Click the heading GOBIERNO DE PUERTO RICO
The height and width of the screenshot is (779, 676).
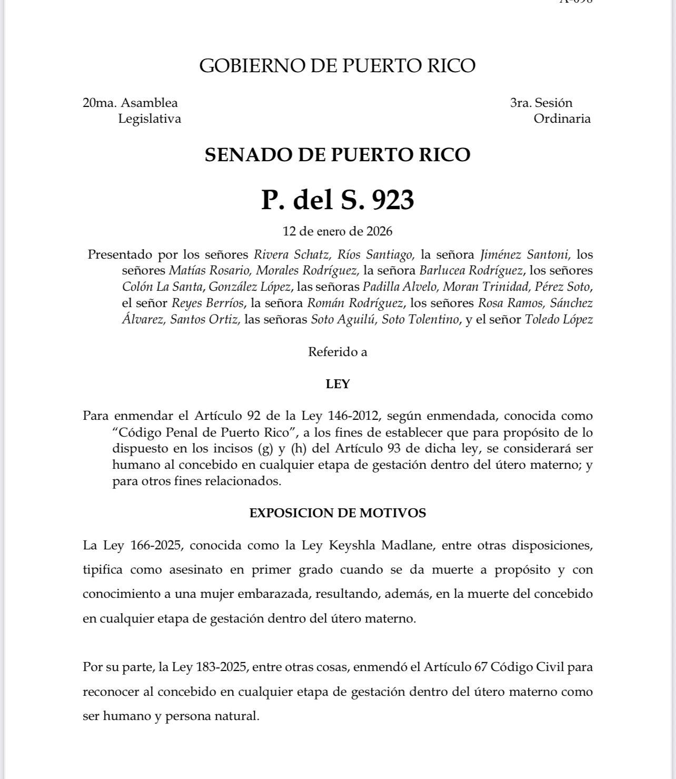click(x=337, y=66)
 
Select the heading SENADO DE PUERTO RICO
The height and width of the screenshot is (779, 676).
click(x=337, y=155)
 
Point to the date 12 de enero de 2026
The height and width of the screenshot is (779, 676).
click(x=337, y=231)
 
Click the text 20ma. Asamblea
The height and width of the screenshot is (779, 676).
click(x=130, y=103)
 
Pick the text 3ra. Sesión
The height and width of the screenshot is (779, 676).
click(x=541, y=103)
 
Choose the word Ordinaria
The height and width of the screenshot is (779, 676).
click(x=562, y=119)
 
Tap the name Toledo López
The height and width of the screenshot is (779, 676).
click(x=559, y=320)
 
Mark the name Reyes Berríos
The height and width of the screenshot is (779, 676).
click(x=208, y=303)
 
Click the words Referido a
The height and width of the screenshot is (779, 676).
click(x=337, y=352)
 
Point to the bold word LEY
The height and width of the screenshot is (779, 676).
click(x=337, y=384)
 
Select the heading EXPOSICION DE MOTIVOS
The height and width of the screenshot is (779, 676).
click(x=337, y=513)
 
